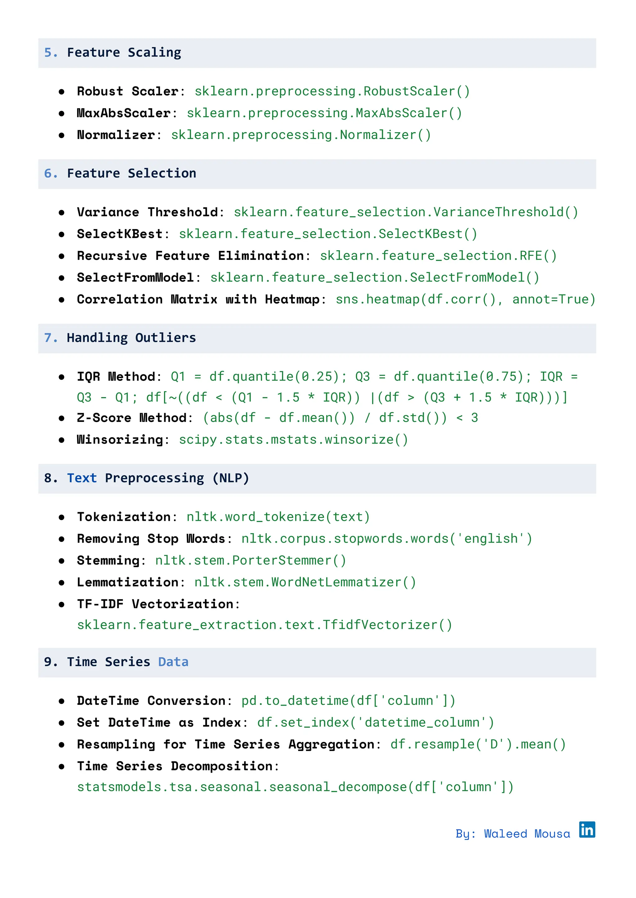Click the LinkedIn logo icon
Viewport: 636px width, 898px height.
[587, 829]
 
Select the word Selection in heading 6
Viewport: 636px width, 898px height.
[162, 174]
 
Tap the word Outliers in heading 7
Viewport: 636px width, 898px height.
[165, 338]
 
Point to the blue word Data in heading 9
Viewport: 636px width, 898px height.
[173, 662]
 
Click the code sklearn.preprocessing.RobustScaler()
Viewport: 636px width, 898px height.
[332, 91]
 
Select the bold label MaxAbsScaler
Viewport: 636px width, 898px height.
[124, 113]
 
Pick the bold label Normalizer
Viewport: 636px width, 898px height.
[116, 135]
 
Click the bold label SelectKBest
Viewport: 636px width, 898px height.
[120, 234]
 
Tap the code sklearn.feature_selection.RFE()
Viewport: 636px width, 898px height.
[438, 256]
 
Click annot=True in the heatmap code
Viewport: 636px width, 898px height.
[553, 300]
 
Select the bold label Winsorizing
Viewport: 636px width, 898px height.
[120, 440]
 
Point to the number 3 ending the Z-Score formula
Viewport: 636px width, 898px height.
[474, 418]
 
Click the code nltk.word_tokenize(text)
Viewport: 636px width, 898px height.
[278, 517]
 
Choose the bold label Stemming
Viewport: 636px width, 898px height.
[108, 561]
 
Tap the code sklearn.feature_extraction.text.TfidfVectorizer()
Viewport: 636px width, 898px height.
[264, 625]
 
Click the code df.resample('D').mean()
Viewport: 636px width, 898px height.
[478, 745]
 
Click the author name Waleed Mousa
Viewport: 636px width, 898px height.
[527, 834]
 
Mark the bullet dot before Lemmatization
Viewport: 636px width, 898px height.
[61, 583]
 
